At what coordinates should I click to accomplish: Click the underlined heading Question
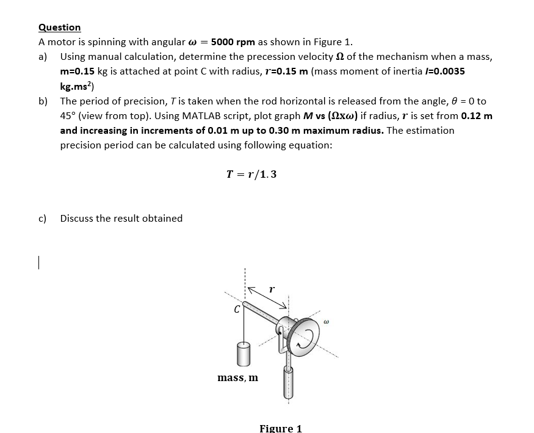(x=59, y=27)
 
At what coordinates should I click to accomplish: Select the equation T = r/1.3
(x=251, y=174)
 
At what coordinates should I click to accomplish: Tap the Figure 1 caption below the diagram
(x=280, y=428)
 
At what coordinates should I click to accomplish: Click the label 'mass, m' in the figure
(x=237, y=378)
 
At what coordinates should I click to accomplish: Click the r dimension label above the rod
(x=272, y=286)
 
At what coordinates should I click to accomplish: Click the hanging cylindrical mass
(x=242, y=354)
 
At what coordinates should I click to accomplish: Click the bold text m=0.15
(x=78, y=71)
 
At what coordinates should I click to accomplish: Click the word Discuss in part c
(x=78, y=218)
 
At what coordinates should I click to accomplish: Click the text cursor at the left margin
(x=38, y=262)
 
